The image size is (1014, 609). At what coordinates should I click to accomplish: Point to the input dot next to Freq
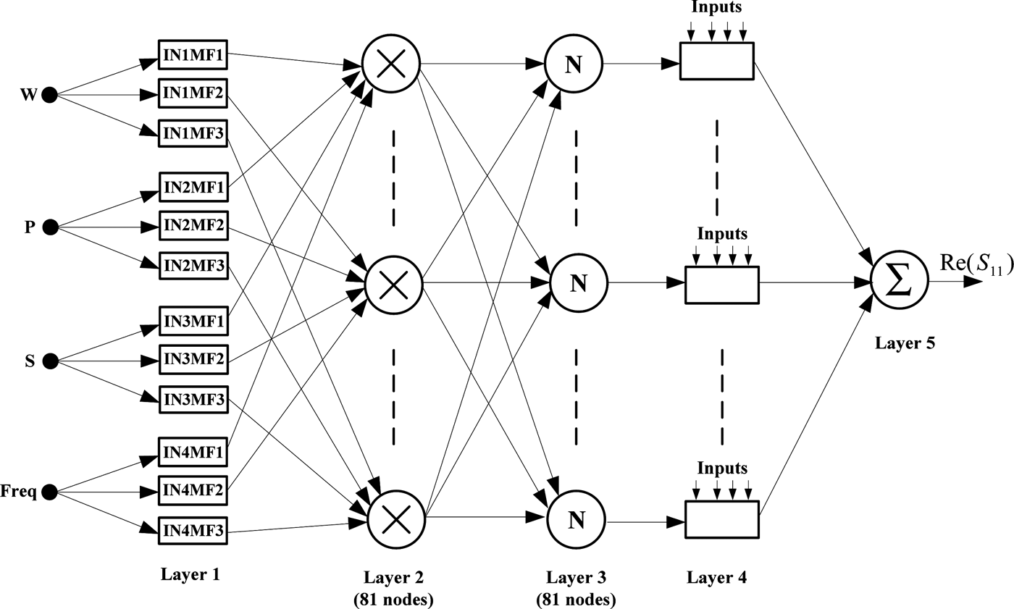[49, 493]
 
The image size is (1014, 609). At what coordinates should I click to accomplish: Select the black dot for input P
[49, 227]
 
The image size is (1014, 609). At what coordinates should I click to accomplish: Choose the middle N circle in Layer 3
[578, 283]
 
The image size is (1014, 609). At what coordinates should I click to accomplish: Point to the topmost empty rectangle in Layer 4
[716, 61]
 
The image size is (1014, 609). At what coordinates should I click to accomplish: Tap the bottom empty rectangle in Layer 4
[721, 518]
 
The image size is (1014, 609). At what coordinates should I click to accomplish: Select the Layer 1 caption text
[190, 574]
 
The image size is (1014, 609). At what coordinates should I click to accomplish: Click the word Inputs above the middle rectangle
[721, 235]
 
